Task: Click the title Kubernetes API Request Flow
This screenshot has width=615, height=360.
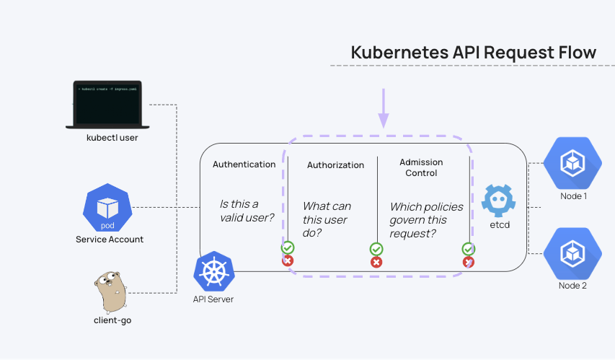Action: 473,53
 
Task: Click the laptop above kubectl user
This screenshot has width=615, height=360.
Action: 107,105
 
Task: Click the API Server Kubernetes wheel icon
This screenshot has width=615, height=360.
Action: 213,271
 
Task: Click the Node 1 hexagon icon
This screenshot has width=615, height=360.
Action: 572,164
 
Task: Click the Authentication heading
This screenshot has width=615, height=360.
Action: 244,164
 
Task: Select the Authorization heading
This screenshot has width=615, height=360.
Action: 335,165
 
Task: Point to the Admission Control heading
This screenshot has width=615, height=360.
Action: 421,167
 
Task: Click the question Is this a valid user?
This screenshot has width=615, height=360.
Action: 247,211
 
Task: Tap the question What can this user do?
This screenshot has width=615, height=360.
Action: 327,220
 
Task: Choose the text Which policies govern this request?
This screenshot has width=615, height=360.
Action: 426,220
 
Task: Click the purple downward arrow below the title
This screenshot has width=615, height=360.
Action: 384,108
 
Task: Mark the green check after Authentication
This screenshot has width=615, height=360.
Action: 288,247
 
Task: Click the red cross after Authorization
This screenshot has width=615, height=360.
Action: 376,261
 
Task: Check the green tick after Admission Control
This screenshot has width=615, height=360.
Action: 468,248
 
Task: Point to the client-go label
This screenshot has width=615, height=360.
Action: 112,320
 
